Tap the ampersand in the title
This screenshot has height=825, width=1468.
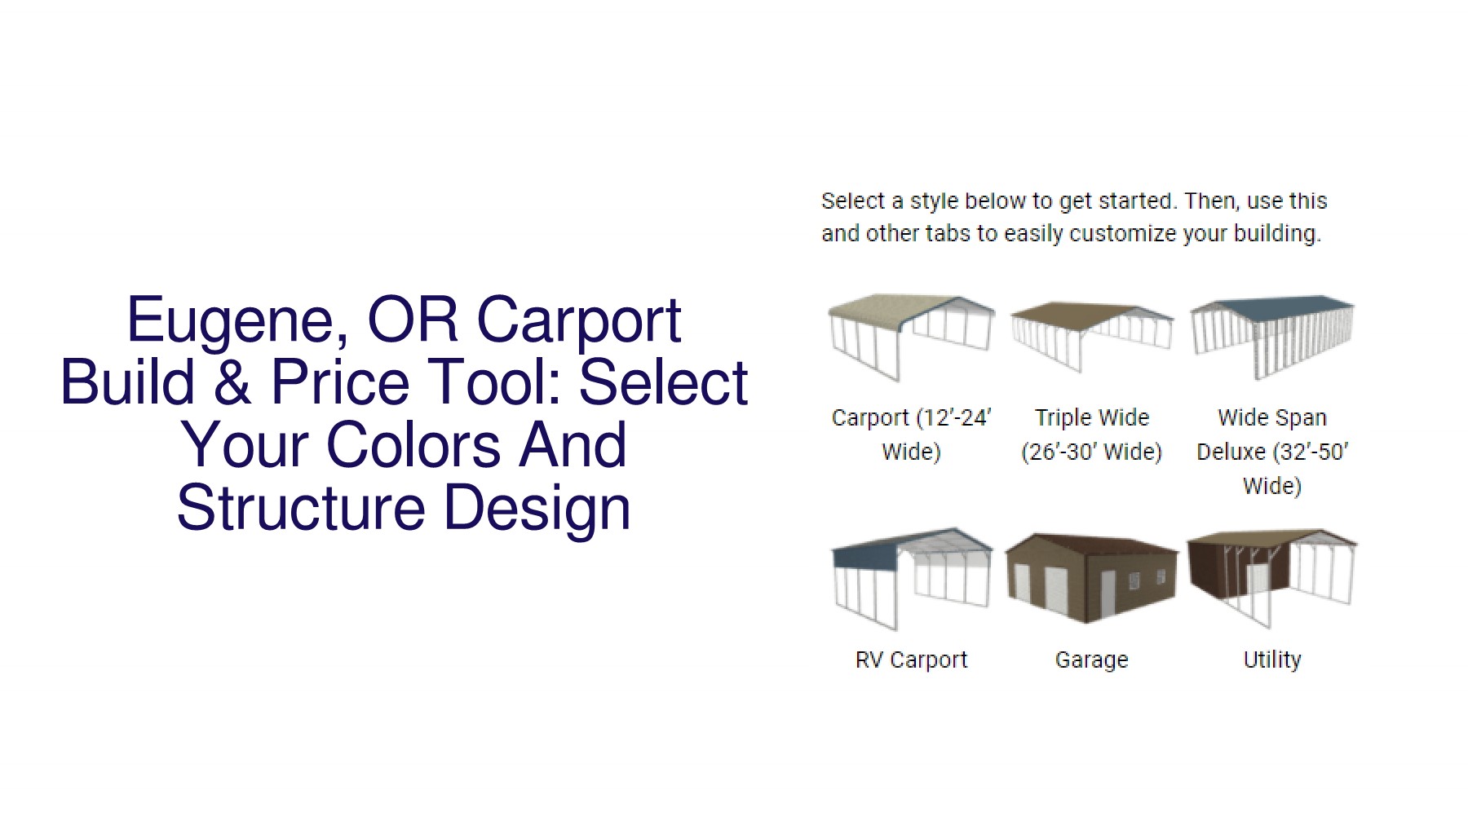[232, 383]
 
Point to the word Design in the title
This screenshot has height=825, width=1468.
[537, 508]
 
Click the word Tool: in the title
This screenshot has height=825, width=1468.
[488, 383]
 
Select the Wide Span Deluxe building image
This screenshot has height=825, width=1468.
[1271, 336]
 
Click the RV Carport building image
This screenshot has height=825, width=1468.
[911, 577]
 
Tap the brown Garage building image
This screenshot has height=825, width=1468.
[1091, 577]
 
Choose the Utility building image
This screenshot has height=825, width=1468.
[1271, 577]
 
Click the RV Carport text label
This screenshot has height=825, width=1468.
[911, 660]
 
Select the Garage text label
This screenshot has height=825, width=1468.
[1091, 660]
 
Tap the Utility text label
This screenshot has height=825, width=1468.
[1271, 660]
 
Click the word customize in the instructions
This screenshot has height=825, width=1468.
[1123, 234]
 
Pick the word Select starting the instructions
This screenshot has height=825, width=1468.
[852, 201]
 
